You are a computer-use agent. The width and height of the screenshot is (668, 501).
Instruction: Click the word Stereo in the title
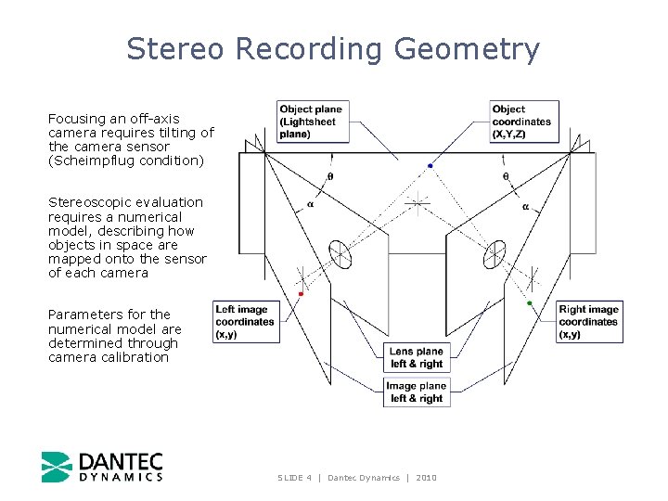(175, 48)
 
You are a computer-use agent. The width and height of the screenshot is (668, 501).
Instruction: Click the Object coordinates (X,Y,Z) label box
(524, 122)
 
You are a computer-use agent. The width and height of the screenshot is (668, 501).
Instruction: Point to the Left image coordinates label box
(246, 322)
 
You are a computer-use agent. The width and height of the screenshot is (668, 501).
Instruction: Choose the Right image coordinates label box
(589, 322)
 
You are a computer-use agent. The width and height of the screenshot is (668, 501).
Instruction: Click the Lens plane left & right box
(417, 357)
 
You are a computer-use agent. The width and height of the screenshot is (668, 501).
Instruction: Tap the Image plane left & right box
(417, 392)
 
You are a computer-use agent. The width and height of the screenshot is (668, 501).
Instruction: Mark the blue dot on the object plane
(430, 166)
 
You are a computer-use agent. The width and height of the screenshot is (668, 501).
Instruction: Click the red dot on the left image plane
(301, 294)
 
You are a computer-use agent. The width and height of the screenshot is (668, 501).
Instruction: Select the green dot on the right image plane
(530, 303)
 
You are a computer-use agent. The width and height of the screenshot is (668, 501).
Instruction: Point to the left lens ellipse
(340, 253)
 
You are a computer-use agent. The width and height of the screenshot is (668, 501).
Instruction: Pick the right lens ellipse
(495, 253)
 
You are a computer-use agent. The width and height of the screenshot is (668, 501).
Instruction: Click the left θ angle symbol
(329, 176)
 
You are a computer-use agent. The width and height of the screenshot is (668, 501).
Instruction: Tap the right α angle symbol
(525, 207)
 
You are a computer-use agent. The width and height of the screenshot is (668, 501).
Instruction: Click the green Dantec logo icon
(56, 467)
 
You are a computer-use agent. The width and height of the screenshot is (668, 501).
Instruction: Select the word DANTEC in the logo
(121, 461)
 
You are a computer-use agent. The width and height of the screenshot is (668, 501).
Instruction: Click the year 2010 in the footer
(426, 478)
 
